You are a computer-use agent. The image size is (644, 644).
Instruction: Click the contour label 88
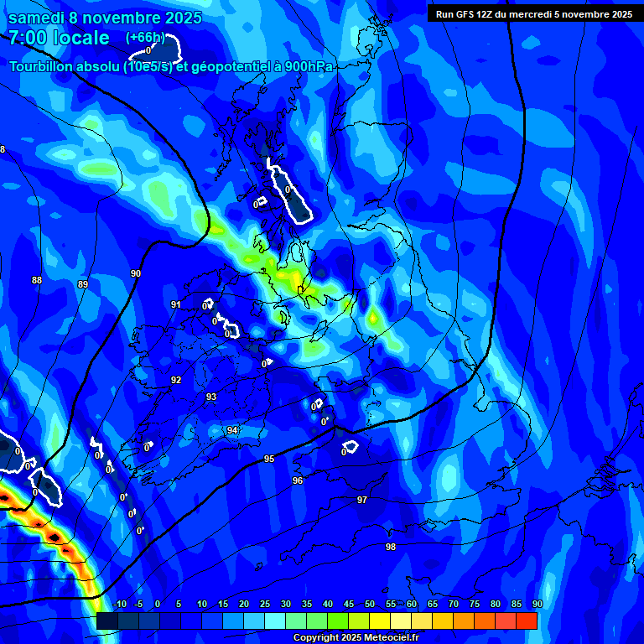(36, 280)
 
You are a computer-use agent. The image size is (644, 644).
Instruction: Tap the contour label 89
(82, 285)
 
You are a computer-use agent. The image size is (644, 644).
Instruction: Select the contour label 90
(136, 274)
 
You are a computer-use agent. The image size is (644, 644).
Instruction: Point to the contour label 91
(175, 304)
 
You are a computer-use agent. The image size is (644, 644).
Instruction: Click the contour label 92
(176, 380)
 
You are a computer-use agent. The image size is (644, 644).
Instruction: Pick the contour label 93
(211, 397)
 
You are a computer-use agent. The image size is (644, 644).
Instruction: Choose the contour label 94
(232, 430)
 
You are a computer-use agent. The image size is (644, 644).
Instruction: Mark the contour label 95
(269, 459)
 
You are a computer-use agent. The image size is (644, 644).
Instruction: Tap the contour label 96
(298, 480)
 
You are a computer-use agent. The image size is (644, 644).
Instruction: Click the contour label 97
(362, 500)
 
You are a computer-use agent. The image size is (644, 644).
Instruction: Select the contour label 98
(391, 547)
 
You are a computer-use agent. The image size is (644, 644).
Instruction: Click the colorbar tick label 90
(537, 605)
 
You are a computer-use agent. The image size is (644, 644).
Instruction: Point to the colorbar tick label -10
(119, 605)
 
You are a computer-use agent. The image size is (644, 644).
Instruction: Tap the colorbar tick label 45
(349, 605)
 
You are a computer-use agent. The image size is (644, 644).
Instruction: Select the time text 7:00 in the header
(29, 39)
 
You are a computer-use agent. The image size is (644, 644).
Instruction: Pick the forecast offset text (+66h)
(145, 38)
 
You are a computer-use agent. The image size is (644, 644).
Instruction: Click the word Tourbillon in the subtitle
(46, 67)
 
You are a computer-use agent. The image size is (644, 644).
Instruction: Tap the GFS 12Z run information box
(533, 13)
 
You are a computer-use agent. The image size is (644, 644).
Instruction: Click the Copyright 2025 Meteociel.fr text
(356, 637)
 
